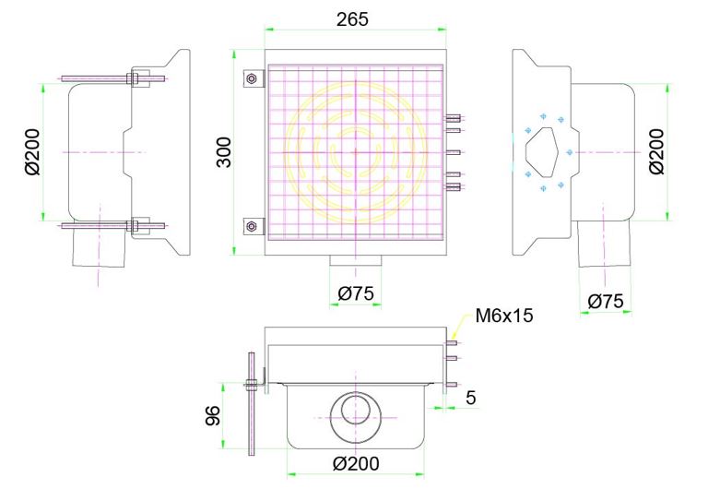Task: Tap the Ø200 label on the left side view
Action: (31, 151)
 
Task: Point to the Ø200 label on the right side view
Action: (656, 151)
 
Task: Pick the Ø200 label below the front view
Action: (355, 462)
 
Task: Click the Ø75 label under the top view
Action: (355, 293)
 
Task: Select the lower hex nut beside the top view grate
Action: (250, 226)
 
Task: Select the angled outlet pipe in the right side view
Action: (604, 249)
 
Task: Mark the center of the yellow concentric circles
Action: (354, 152)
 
